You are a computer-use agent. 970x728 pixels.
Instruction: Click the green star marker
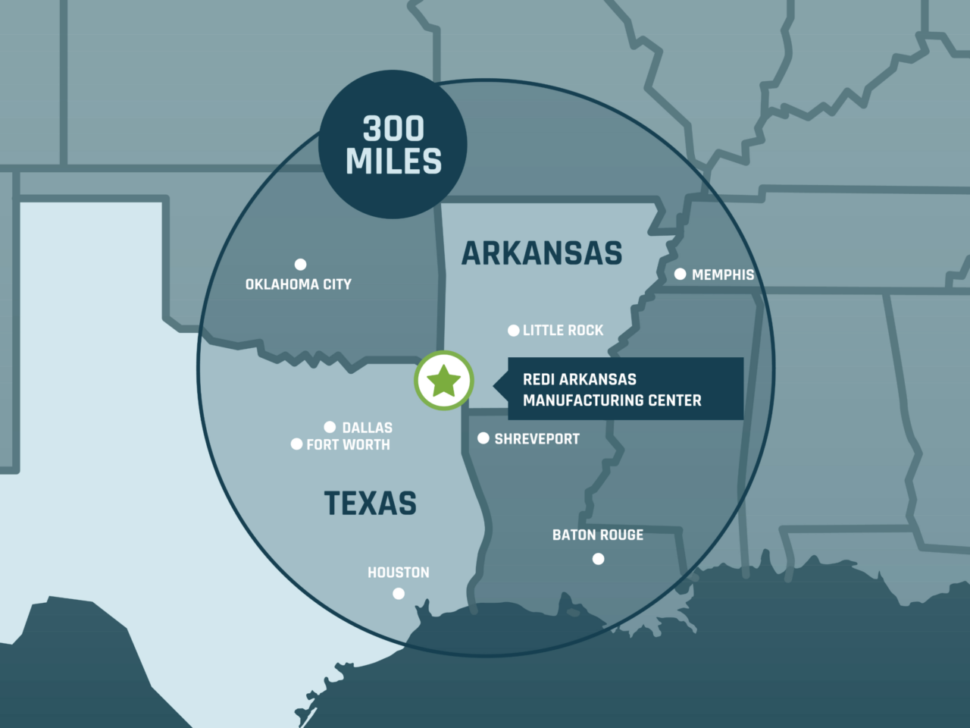[x=444, y=381]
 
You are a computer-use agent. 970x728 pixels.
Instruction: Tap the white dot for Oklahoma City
[x=301, y=264]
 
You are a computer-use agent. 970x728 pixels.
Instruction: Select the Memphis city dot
[x=681, y=274]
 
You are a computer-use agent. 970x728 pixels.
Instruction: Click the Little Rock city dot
[x=514, y=331]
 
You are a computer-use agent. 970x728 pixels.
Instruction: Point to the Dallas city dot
[x=330, y=428]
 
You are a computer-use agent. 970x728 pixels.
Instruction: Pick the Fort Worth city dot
[x=297, y=444]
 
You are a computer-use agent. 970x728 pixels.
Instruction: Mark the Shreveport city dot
[x=483, y=438]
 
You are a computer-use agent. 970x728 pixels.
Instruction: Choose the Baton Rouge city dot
[x=599, y=559]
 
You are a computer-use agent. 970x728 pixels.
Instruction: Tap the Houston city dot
[x=399, y=594]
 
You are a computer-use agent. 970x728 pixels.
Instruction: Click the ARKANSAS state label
[x=542, y=253]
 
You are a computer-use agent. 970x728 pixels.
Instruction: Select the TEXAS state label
[x=371, y=504]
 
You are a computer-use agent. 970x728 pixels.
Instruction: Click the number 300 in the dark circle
[x=393, y=129]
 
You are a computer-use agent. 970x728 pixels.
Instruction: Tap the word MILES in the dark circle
[x=393, y=162]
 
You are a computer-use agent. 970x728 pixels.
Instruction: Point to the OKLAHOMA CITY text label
[x=299, y=284]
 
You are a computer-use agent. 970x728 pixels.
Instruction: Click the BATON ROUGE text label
[x=598, y=535]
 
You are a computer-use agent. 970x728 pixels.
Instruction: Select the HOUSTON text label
[x=399, y=573]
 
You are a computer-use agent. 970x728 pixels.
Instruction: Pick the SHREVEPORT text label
[x=537, y=439]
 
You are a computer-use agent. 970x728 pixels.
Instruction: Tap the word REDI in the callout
[x=538, y=379]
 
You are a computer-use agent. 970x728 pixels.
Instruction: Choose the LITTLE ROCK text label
[x=563, y=331]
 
